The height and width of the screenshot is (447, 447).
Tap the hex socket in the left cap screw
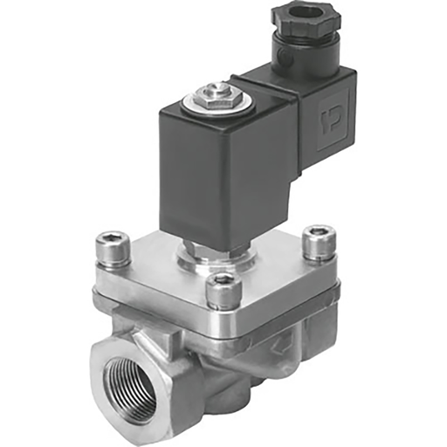click(x=113, y=238)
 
